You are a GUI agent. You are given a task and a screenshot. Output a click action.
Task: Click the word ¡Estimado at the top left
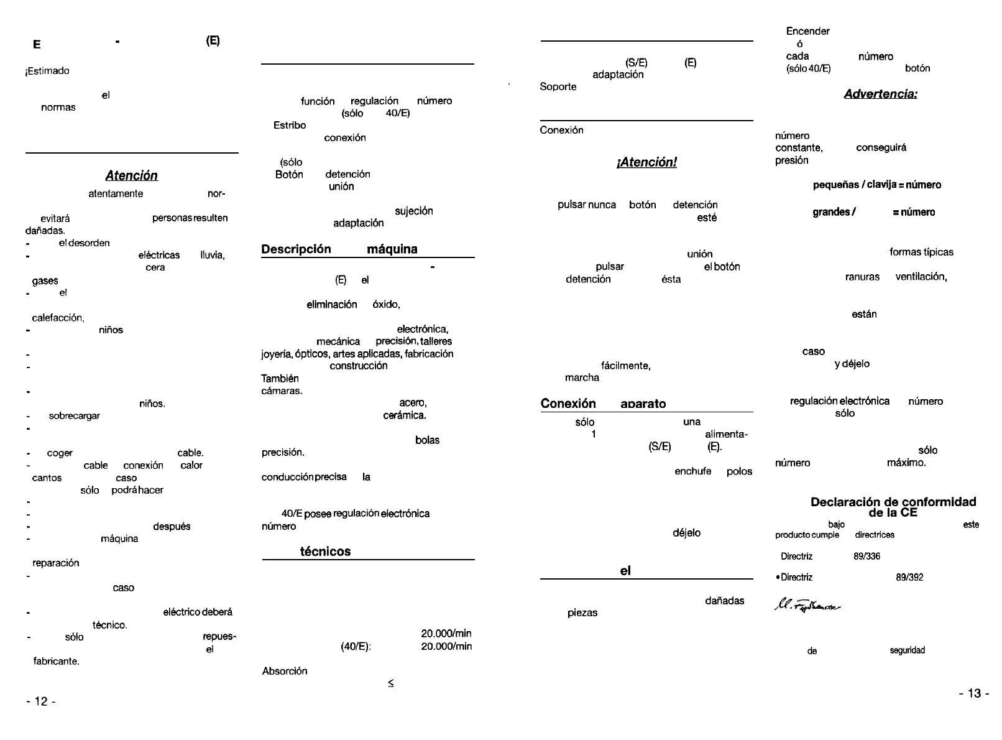pos(47,71)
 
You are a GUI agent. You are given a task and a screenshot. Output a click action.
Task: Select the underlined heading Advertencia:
pos(880,94)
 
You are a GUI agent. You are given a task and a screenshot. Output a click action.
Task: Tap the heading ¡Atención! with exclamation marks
pos(646,162)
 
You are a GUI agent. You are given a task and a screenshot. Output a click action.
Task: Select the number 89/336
pos(867,557)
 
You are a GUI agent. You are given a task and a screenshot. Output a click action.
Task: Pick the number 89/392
pos(909,578)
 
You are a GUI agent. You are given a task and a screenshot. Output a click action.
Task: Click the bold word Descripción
pos(296,249)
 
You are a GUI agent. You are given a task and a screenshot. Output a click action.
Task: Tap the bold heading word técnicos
pos(325,552)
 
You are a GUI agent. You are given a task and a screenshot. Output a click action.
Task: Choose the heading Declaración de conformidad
pos(893,502)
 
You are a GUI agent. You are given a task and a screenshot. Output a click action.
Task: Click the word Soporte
pos(558,87)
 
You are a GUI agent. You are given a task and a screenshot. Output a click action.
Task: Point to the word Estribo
pos(290,126)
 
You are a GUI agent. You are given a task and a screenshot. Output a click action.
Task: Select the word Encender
pos(807,31)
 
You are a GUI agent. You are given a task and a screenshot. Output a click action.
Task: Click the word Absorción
pos(285,671)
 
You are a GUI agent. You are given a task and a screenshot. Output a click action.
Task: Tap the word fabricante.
pos(56,662)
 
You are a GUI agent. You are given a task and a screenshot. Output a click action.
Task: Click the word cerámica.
pos(405,415)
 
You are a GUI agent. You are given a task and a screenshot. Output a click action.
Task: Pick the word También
pos(280,379)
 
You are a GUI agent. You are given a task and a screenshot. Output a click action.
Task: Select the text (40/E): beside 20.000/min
pos(356,647)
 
